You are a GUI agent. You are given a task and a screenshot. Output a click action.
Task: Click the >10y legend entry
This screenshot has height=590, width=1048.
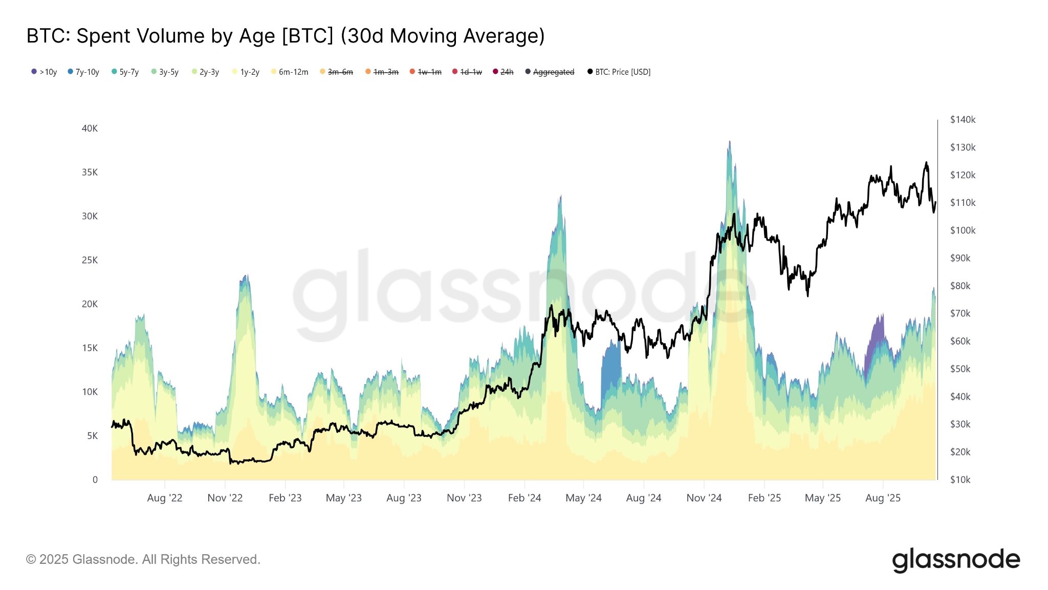(x=45, y=72)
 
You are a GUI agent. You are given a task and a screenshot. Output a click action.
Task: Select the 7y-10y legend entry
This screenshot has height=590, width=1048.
(x=84, y=72)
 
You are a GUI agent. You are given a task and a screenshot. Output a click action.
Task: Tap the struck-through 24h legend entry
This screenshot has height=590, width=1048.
(x=504, y=72)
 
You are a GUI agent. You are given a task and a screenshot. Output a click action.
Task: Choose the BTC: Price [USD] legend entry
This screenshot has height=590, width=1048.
(x=619, y=72)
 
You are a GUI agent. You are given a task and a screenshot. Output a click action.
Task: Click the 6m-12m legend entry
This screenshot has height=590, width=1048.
(x=290, y=72)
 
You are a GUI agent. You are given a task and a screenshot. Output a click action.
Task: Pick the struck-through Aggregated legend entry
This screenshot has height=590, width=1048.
(x=550, y=72)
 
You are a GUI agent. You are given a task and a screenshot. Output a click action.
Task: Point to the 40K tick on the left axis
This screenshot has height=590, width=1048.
(x=90, y=129)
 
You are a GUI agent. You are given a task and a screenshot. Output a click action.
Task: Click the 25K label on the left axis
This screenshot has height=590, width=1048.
(x=90, y=260)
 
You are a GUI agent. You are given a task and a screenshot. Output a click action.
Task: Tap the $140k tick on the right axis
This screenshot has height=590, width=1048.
(x=963, y=120)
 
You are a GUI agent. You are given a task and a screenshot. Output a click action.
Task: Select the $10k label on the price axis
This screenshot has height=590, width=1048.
(x=960, y=480)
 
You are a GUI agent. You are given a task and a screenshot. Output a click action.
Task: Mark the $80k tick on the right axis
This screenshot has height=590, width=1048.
(x=960, y=286)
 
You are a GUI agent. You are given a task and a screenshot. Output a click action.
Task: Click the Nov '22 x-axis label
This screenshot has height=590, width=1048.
(x=225, y=498)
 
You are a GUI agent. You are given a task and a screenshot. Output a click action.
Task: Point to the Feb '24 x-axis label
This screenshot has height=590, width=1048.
(x=524, y=498)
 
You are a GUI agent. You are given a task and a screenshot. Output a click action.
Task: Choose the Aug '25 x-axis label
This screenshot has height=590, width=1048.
(x=883, y=498)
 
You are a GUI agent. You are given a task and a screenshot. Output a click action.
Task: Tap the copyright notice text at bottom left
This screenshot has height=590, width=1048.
(x=143, y=559)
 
